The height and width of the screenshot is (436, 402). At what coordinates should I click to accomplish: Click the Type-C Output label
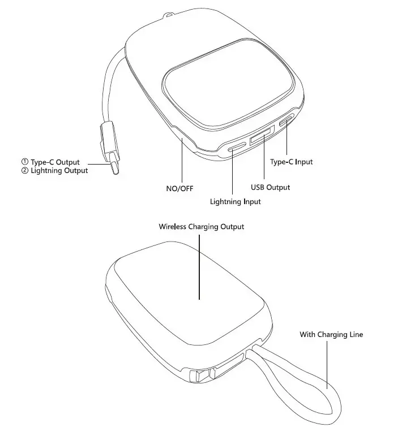click(55, 163)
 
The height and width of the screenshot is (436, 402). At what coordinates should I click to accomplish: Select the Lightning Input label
click(236, 201)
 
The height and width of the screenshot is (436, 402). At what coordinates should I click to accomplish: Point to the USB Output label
click(270, 187)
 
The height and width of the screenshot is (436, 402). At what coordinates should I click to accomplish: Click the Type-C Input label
click(291, 162)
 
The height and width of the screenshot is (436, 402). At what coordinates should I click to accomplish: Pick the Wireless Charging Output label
click(201, 227)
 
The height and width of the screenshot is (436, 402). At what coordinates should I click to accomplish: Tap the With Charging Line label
click(331, 335)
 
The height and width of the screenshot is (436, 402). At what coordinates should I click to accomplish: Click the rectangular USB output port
click(261, 138)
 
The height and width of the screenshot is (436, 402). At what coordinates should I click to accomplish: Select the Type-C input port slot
click(285, 122)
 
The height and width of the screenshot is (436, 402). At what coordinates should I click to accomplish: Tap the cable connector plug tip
click(117, 168)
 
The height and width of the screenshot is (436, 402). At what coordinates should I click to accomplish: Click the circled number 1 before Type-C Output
click(24, 163)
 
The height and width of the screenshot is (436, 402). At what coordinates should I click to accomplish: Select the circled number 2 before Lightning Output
click(24, 171)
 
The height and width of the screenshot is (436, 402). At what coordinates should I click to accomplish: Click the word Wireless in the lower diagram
click(172, 227)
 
